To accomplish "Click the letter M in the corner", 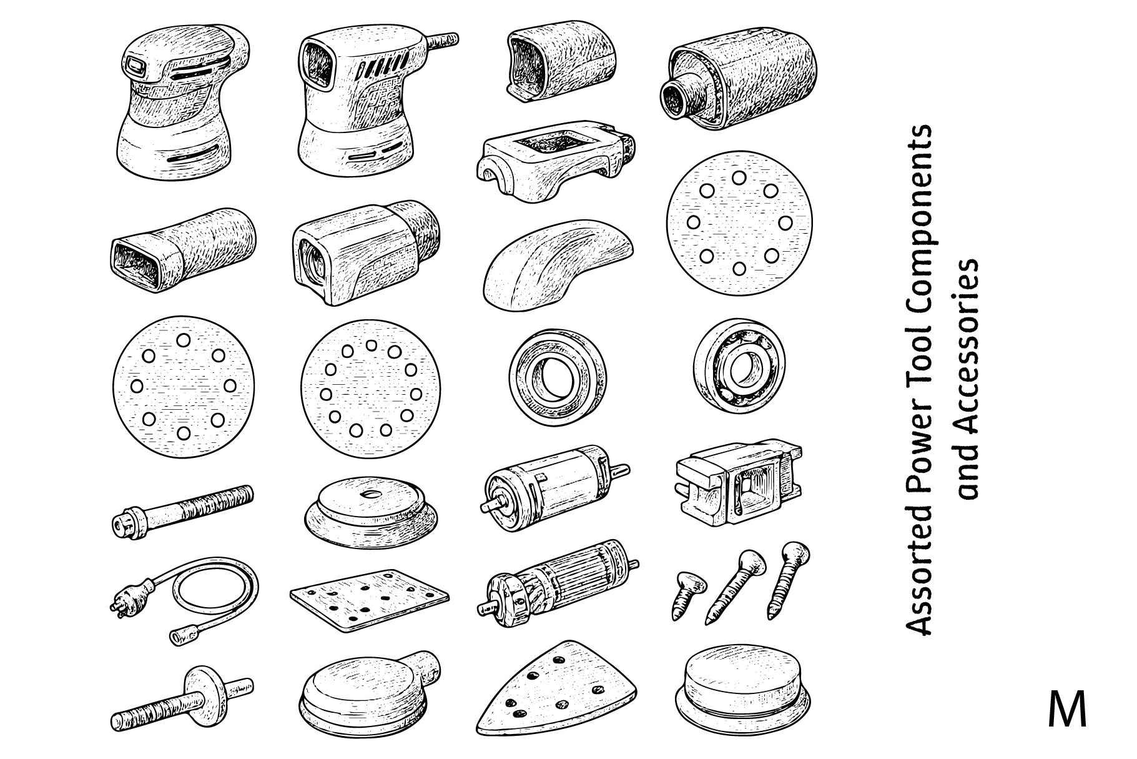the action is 1067,709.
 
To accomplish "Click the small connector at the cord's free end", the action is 181,636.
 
